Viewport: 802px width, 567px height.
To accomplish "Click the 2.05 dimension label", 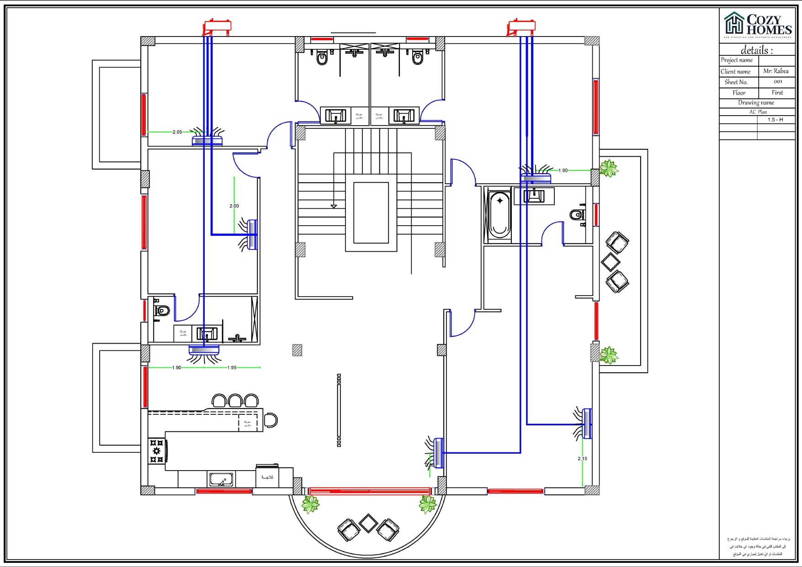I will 177,132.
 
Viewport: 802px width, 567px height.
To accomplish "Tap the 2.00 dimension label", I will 234,206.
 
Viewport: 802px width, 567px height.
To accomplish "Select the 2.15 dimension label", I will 582,459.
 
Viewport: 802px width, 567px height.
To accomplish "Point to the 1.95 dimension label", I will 232,368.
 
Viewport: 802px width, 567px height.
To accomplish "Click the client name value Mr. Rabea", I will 775,71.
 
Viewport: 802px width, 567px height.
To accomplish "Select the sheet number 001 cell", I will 778,82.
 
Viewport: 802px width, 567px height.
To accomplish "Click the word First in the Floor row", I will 777,93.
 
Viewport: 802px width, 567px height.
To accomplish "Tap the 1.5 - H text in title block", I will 775,120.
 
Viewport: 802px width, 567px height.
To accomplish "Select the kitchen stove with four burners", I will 157,451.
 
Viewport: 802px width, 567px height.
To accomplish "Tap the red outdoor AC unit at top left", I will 217,26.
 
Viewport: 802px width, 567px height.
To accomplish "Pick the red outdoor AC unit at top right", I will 521,26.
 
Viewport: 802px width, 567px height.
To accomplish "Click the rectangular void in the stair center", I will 371,212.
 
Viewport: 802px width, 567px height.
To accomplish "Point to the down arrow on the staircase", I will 334,207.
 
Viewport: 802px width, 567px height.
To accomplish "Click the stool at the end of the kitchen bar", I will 271,420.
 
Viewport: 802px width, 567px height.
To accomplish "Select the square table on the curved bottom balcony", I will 368,524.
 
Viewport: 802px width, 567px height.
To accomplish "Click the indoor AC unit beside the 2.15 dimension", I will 587,424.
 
